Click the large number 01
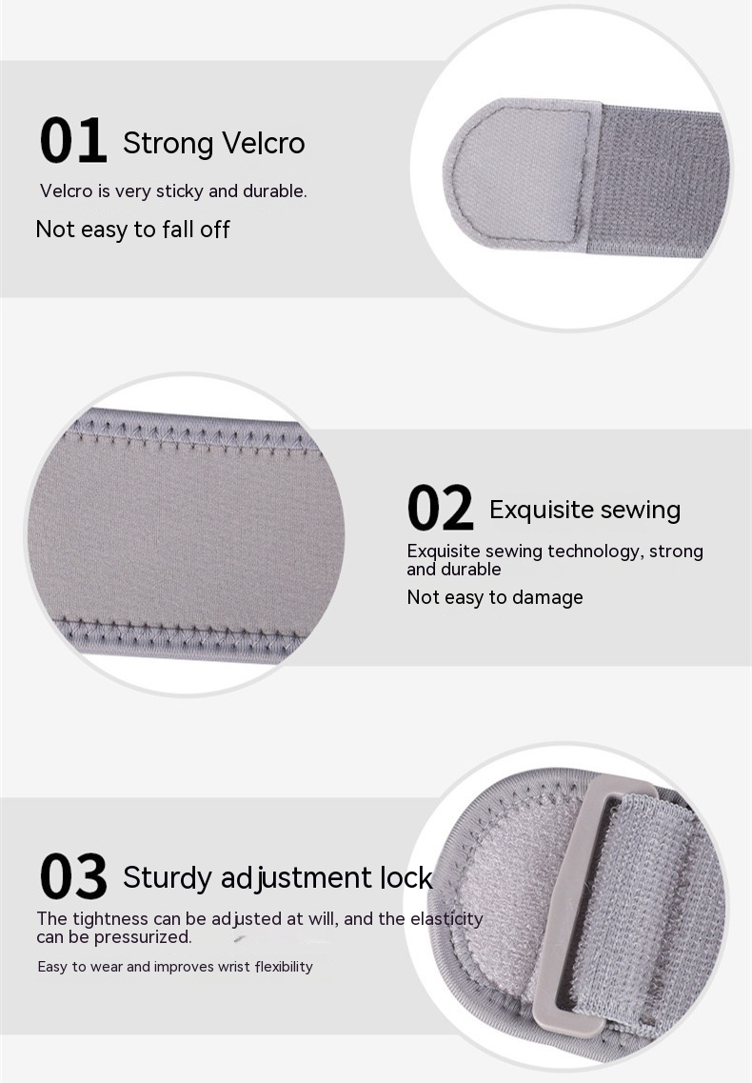click(x=73, y=141)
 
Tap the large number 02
click(x=440, y=509)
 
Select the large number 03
click(x=73, y=876)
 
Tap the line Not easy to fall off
click(x=132, y=229)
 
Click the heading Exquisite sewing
click(x=584, y=510)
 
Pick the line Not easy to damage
click(x=494, y=597)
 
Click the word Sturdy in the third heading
click(x=168, y=878)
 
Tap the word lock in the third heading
click(x=406, y=877)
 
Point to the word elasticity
click(x=446, y=918)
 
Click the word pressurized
click(x=143, y=937)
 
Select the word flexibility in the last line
click(x=284, y=966)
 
